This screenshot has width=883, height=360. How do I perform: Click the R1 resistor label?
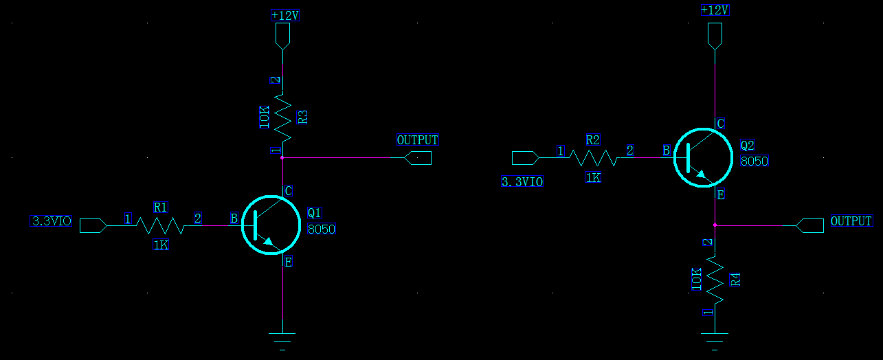click(161, 206)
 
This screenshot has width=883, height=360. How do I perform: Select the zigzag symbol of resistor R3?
click(282, 114)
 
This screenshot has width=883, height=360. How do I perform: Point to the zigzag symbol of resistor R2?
click(594, 158)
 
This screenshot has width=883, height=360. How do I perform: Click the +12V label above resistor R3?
click(285, 15)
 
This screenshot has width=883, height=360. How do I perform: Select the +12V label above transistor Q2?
click(715, 10)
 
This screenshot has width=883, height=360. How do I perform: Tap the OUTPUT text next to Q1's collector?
click(417, 140)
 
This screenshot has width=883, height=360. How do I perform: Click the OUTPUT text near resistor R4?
click(851, 221)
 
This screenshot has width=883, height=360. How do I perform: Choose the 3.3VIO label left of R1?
click(52, 221)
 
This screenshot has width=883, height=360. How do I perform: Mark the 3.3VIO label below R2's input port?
click(522, 182)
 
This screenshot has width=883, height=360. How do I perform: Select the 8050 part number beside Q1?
click(322, 229)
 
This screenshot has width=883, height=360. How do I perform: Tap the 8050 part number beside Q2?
click(754, 161)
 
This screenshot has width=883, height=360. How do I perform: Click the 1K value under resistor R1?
click(160, 245)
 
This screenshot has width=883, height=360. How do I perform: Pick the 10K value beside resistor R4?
click(697, 279)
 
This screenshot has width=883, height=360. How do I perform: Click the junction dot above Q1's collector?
click(282, 157)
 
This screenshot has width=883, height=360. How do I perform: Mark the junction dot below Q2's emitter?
click(715, 225)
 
